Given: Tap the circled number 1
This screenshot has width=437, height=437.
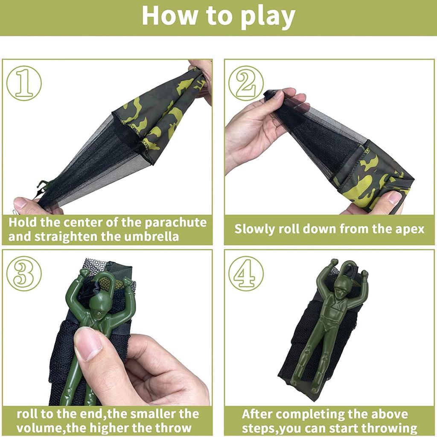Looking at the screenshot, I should click(24, 83).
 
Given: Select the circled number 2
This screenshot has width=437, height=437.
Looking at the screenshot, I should click(246, 83).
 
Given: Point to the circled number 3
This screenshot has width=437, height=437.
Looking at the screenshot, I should click(24, 274).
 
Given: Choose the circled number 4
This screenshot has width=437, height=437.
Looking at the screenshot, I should click(246, 274).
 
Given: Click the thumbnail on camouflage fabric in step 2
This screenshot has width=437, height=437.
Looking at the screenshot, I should click(394, 198).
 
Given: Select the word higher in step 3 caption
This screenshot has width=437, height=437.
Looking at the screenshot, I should click(127, 428).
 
